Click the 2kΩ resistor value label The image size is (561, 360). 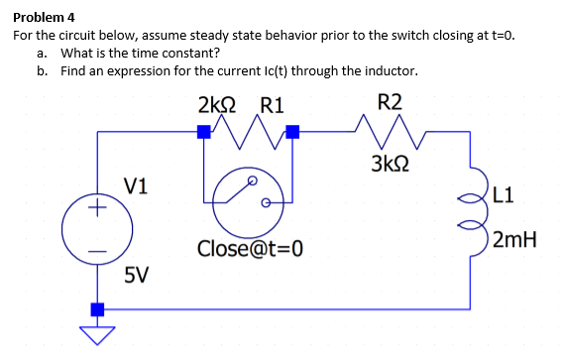pos(217,103)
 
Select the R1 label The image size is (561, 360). pos(272,103)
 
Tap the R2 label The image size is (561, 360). pos(391,102)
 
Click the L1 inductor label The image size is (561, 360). pos(502,195)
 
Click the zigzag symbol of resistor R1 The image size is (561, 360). pos(245,127)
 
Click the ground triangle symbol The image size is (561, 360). pos(97,334)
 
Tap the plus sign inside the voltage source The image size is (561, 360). pos(97,209)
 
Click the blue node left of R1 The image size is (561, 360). pos(203,131)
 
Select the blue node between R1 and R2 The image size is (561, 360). pos(292,131)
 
